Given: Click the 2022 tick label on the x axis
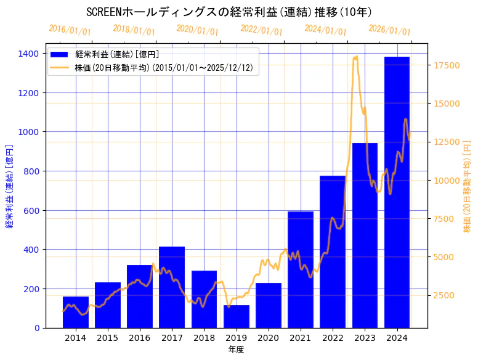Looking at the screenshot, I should [333, 338].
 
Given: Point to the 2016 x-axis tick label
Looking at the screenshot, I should [140, 338].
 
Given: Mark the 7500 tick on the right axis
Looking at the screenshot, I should [445, 219].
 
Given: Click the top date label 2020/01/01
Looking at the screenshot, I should [197, 30].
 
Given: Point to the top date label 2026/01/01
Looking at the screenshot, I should [389, 30].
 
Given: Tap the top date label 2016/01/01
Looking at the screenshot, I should [70, 30].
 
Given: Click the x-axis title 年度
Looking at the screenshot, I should [236, 350].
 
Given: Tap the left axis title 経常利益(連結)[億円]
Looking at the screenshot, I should [9, 186].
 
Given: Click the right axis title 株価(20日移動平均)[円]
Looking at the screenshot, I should [467, 186].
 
